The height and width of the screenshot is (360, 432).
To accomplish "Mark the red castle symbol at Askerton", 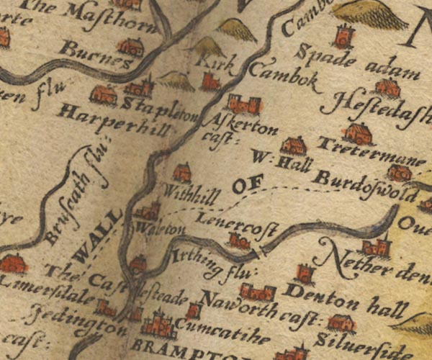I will [x=244, y=104].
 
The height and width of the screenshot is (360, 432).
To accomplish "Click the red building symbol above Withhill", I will [x=181, y=172].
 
